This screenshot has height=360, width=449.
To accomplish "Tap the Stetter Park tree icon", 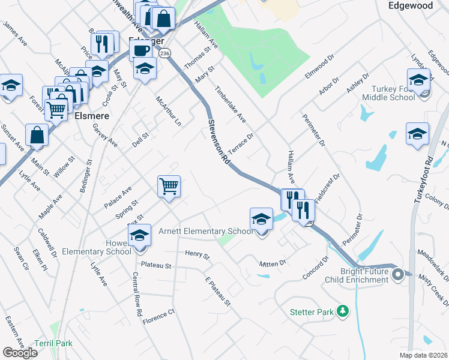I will tap(342, 311).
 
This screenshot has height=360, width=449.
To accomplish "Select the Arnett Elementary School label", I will tap(206, 232).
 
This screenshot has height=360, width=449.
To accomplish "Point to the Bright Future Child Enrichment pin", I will tap(397, 275).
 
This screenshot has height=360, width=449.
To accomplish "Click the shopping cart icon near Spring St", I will tap(169, 186).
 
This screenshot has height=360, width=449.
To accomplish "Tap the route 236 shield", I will tap(166, 53).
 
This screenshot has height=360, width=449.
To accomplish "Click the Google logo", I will tap(20, 353).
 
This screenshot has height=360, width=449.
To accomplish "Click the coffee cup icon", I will tap(142, 50).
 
